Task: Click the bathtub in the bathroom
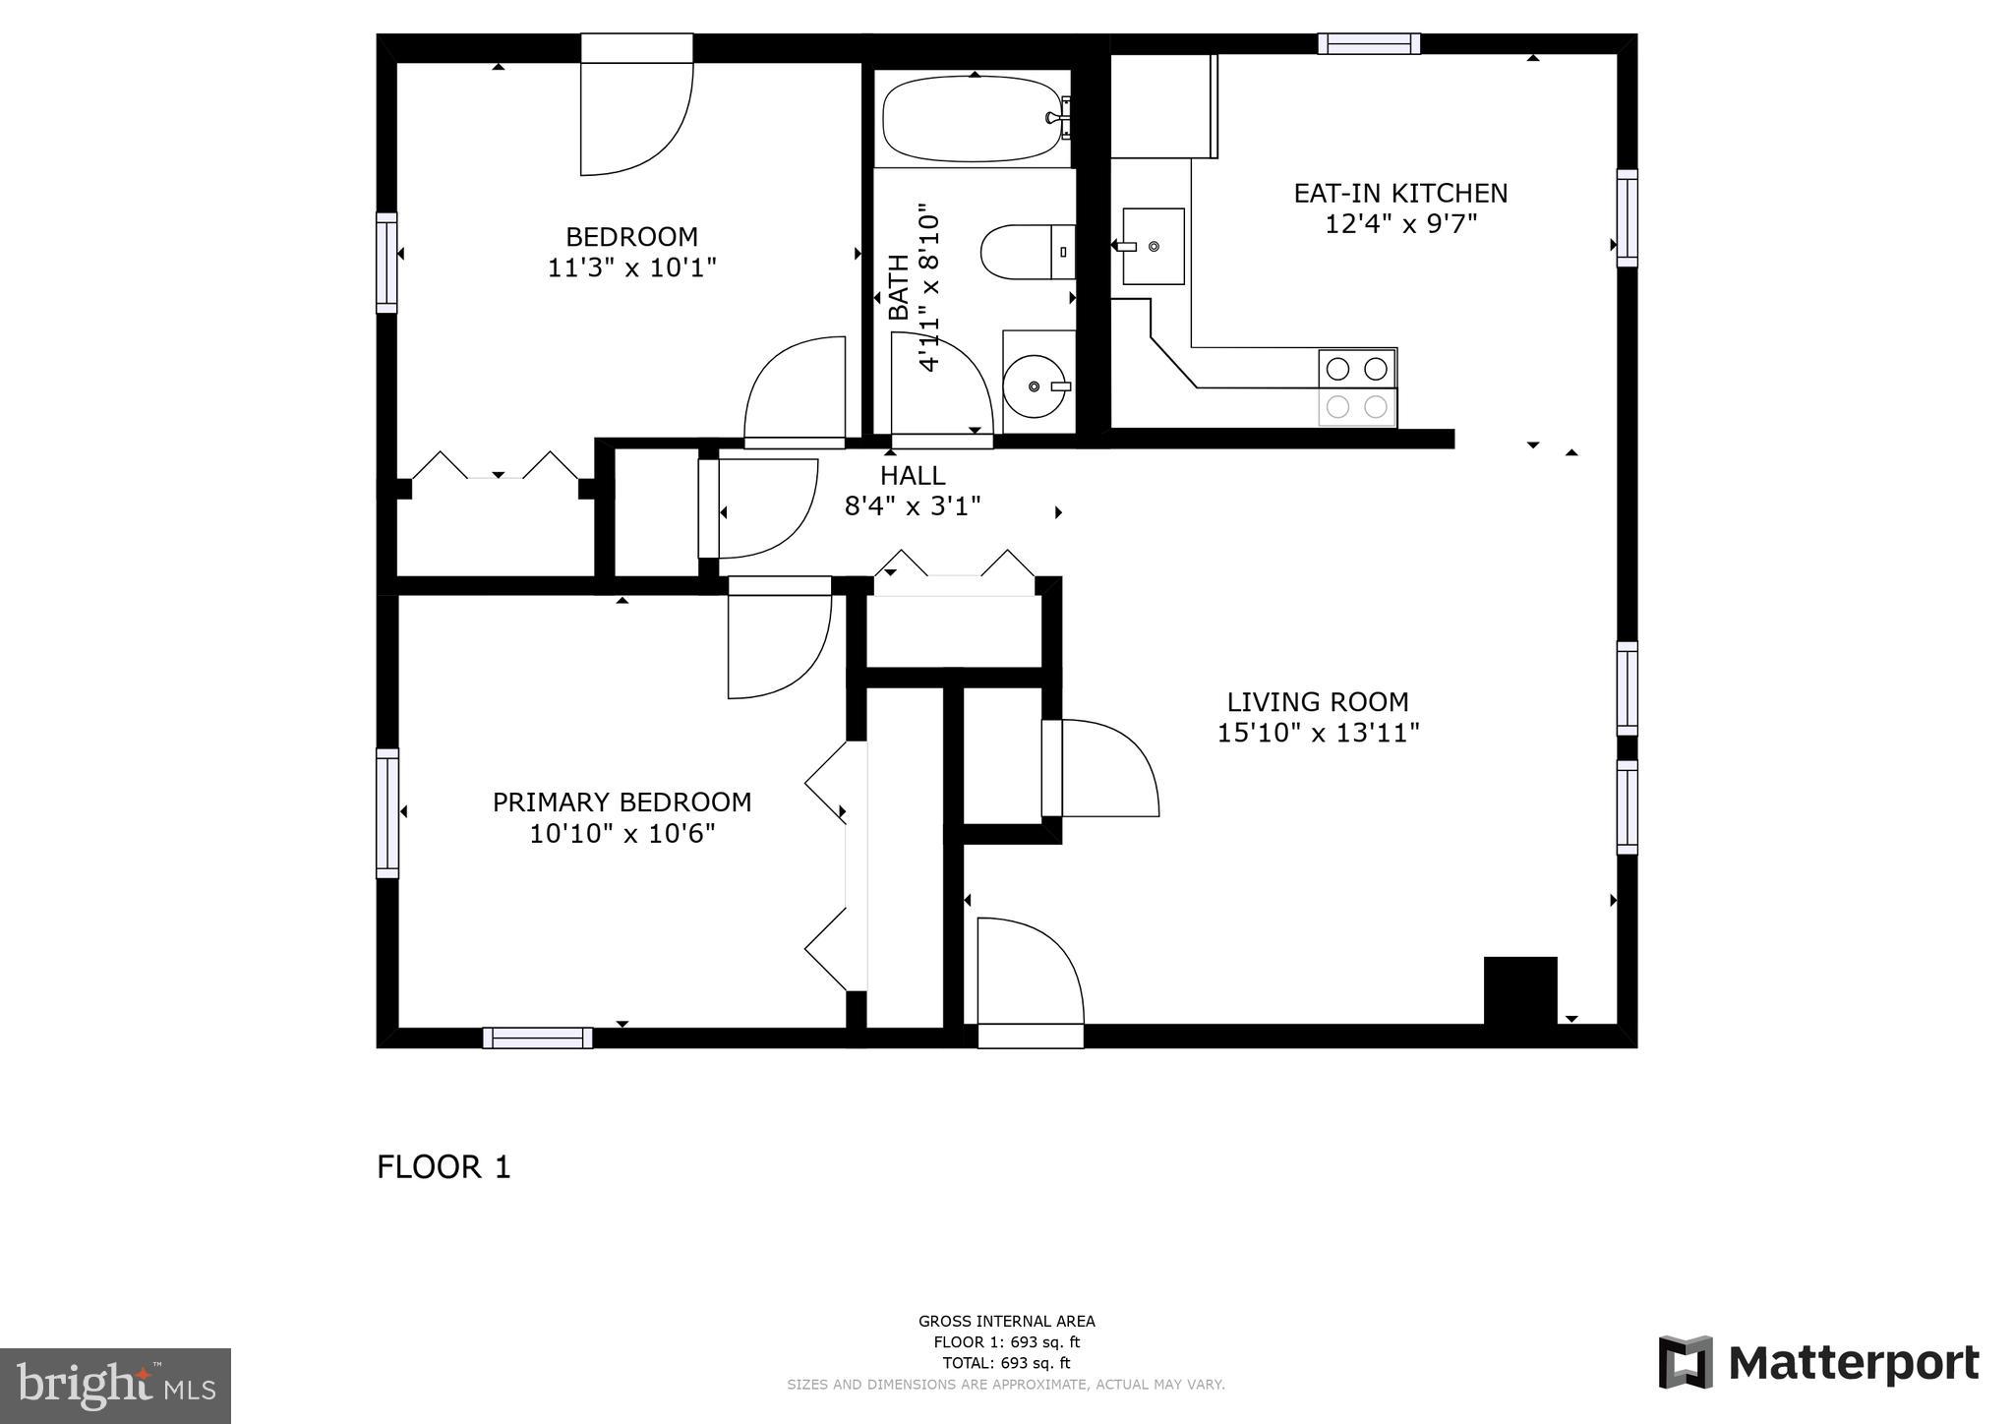pos(971,120)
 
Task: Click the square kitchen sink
pos(1153,246)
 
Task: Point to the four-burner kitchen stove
pos(1357,387)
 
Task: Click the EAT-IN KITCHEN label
pos(1399,193)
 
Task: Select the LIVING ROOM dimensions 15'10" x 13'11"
pos(1318,734)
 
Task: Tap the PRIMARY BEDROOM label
pos(622,802)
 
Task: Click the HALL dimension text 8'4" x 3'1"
pos(913,506)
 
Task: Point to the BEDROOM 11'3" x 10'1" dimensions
pos(631,267)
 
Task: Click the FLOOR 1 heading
pos(444,1167)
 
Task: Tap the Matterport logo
pos(1818,1363)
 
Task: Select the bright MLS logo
pos(115,1386)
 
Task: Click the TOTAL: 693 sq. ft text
pos(1006,1363)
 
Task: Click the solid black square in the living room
pos(1519,990)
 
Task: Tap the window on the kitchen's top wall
pos(1368,43)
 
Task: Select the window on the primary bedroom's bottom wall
pos(537,1038)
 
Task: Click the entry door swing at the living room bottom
pos(1029,974)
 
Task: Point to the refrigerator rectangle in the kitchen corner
pos(1163,106)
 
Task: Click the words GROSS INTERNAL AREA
pos(1006,1322)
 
